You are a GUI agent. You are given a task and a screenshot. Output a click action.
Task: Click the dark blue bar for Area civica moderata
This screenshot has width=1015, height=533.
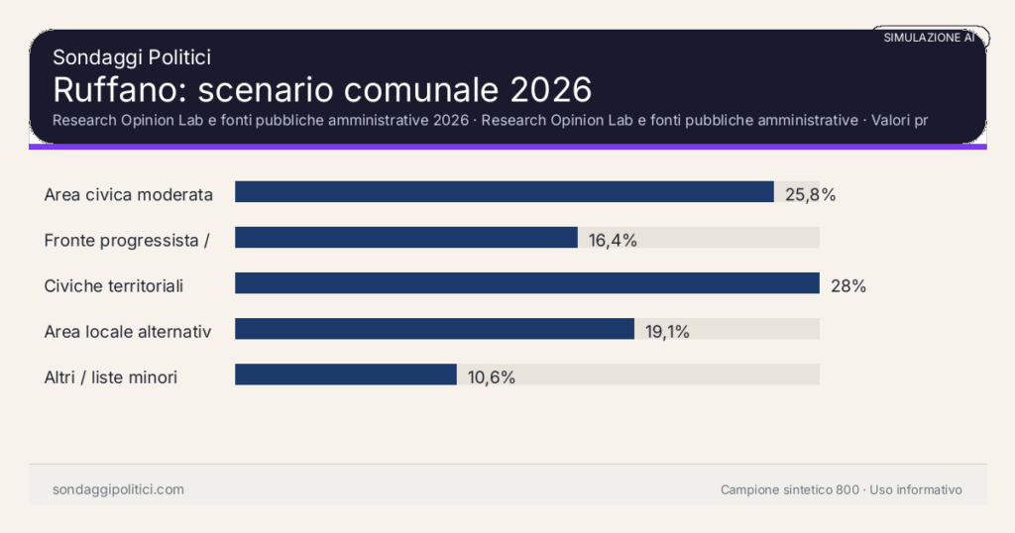[x=504, y=192]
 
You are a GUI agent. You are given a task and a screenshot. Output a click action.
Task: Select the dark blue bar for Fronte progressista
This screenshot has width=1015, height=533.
[x=405, y=238]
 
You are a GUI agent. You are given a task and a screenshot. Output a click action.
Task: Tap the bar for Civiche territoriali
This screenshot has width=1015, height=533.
[x=526, y=283]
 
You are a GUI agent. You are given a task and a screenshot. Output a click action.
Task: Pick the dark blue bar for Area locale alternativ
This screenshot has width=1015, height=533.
[x=434, y=329]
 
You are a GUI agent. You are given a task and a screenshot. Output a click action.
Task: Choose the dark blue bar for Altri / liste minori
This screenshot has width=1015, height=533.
[x=345, y=374]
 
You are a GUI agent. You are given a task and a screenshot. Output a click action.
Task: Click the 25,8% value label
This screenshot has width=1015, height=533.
[x=810, y=195]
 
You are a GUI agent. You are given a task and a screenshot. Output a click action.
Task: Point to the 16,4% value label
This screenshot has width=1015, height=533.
[x=612, y=240]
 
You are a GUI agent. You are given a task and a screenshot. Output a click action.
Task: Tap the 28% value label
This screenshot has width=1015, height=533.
[x=848, y=286]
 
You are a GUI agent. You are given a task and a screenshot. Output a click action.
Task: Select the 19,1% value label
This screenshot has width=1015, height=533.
[x=667, y=332]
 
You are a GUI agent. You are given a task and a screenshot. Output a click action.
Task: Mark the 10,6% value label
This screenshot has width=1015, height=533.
[x=491, y=377]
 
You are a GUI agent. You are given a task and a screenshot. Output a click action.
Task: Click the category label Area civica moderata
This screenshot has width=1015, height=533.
[x=129, y=195]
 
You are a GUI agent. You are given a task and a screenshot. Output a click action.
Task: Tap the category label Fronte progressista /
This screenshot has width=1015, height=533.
[x=126, y=240]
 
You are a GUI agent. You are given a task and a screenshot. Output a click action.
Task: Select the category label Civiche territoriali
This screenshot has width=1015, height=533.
[x=114, y=286]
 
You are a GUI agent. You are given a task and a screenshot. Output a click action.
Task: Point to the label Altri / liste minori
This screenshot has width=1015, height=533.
[x=111, y=377]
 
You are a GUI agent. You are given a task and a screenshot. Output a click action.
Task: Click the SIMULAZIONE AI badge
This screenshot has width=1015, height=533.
[x=929, y=38]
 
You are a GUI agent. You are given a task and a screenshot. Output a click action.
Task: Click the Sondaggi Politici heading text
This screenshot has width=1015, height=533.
[x=131, y=57]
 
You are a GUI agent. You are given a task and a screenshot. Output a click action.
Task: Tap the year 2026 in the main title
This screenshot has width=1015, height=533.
[x=551, y=89]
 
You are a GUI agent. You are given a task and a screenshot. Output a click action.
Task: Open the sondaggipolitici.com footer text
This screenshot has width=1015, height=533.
[x=118, y=489]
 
